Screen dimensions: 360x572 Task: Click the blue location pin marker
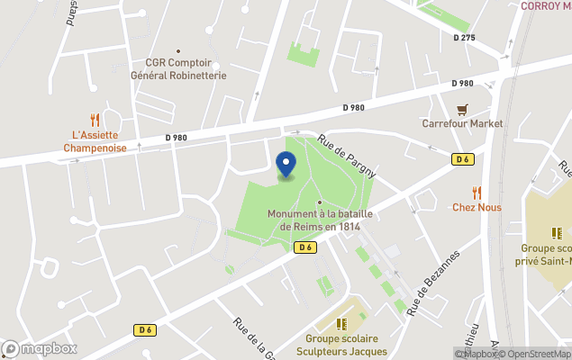286,165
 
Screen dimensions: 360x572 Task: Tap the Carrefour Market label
462,123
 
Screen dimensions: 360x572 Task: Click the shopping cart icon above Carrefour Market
462,109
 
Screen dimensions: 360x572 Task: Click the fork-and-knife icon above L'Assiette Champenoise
94,119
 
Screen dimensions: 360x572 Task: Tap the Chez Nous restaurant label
477,207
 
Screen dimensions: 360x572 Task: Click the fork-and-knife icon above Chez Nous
477,192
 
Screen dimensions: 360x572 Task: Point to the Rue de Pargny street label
345,156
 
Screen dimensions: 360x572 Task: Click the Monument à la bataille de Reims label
321,220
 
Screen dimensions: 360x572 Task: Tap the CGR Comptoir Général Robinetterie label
185,69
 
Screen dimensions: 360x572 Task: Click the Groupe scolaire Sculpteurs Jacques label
340,345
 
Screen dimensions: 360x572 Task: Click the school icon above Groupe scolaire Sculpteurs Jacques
340,323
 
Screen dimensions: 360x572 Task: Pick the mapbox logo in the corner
40,348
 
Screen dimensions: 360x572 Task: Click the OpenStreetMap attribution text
534,354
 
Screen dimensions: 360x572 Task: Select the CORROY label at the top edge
545,5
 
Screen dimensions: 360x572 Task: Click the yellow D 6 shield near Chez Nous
463,159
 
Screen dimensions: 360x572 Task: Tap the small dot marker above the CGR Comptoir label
178,51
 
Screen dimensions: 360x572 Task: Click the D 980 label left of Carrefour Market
355,107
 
